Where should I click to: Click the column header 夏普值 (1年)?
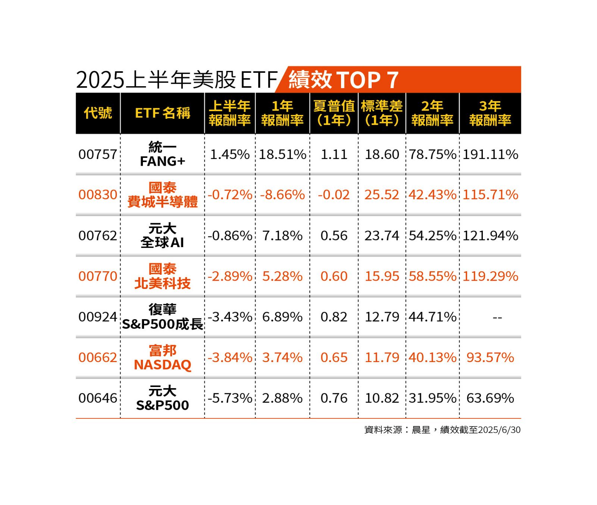334,113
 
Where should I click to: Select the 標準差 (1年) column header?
382,113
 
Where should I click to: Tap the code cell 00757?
98,155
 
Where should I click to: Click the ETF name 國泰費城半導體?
162,195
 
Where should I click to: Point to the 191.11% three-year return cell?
490,155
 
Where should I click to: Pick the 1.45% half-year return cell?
229,155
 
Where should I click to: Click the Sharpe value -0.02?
334,195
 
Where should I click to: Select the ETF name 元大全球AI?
162,236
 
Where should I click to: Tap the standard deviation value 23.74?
382,236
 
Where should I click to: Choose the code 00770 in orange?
98,276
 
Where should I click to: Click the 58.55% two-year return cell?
432,276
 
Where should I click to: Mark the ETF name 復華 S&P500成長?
162,317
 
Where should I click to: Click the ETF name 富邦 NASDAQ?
162,358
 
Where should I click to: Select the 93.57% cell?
490,358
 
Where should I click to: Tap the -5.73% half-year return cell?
229,398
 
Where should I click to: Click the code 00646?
98,398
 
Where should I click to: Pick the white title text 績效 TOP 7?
343,80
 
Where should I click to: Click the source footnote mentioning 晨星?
442,430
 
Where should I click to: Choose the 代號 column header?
98,113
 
